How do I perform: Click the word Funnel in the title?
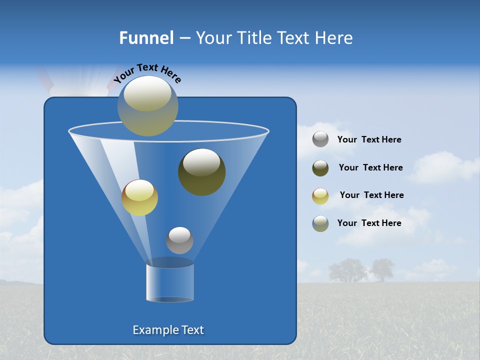click(146, 37)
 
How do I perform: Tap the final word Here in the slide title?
click(335, 37)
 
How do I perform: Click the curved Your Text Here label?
click(147, 73)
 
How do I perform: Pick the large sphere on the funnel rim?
click(147, 105)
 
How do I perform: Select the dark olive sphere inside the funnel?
click(201, 171)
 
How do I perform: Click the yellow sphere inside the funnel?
click(139, 197)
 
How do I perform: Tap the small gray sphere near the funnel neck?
click(179, 240)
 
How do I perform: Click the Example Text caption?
click(168, 330)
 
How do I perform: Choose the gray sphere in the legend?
click(320, 139)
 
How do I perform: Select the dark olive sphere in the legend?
click(320, 168)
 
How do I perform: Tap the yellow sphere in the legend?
click(320, 196)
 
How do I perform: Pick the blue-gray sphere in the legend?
click(320, 223)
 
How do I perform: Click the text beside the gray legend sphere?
click(369, 140)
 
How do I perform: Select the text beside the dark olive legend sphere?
click(370, 167)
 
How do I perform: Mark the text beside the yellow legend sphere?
click(371, 195)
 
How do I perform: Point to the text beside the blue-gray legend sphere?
click(369, 223)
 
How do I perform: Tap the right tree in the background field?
click(381, 269)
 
